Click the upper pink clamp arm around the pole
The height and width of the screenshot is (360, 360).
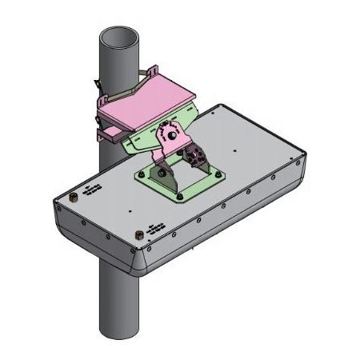click(142, 77)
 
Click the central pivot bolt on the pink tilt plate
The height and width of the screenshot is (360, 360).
click(171, 136)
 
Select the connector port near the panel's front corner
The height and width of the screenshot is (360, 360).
click(141, 234)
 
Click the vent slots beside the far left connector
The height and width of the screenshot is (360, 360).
click(91, 189)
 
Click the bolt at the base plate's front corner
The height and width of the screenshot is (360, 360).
click(181, 195)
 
